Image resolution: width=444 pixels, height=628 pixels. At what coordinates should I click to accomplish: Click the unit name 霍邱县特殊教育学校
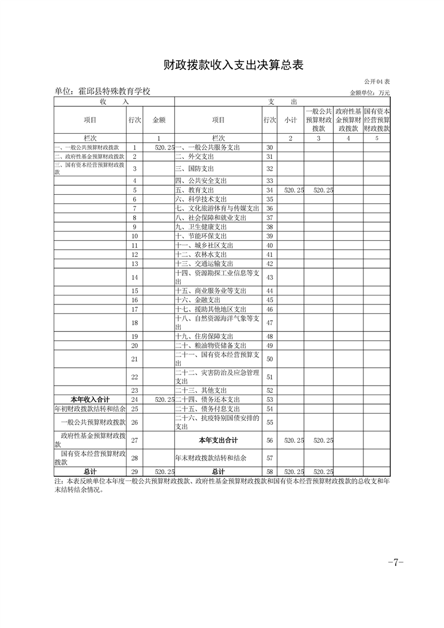click(102, 92)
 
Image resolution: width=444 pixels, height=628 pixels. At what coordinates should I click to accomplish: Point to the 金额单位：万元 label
click(370, 93)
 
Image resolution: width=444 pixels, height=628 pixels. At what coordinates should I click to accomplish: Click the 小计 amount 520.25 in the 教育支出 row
click(293, 190)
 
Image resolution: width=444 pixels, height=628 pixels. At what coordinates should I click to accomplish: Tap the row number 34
click(269, 190)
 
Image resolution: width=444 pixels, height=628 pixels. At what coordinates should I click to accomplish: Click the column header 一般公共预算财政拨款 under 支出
click(319, 120)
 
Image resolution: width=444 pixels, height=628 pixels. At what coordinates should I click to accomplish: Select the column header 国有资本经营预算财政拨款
click(377, 120)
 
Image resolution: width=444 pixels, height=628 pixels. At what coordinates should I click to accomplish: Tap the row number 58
click(269, 472)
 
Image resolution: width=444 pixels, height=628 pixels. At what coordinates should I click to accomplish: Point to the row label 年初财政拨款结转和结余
click(90, 409)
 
